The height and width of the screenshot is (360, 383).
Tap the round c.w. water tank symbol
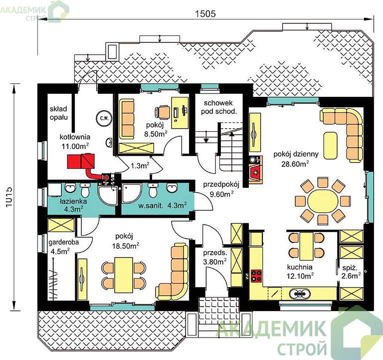tap(105, 118)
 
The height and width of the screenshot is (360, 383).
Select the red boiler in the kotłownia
tap(81, 161)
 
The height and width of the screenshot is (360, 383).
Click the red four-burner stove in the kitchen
tap(256, 276)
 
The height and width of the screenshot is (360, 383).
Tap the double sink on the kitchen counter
tap(299, 293)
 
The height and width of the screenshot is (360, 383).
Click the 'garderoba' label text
tap(63, 242)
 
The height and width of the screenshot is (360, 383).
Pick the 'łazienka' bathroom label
tap(73, 201)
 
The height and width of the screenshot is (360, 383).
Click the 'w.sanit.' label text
tap(151, 206)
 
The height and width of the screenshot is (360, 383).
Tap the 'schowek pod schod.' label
tap(218, 107)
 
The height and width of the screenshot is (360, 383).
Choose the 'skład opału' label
tap(59, 113)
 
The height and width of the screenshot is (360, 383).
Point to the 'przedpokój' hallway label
tap(221, 185)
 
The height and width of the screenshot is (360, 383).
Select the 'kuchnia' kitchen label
tap(300, 267)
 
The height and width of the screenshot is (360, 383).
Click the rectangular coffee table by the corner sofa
tap(330, 145)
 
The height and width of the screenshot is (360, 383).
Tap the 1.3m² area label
tap(140, 166)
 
